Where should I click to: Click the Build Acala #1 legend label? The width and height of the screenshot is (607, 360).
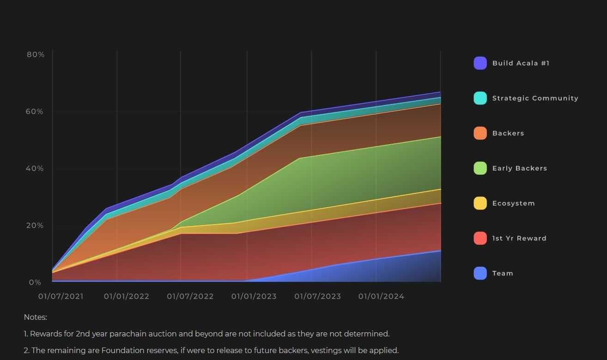[521, 63]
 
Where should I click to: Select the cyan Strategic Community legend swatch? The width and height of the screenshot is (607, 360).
[480, 98]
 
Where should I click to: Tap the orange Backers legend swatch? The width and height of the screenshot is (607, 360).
[480, 133]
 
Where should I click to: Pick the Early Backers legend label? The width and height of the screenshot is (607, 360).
[519, 168]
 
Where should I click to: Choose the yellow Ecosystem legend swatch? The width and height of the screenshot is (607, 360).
[480, 203]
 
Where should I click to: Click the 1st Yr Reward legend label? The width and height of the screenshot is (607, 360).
[519, 238]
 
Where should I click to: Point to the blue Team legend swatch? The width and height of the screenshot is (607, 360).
[480, 273]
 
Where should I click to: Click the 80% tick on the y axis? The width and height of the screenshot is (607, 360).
[36, 55]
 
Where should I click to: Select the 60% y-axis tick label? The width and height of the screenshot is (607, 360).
[36, 111]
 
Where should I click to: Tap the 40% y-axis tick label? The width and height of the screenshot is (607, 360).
[36, 168]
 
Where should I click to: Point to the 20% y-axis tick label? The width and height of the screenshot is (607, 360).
[36, 226]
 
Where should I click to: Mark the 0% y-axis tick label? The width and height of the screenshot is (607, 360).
[36, 282]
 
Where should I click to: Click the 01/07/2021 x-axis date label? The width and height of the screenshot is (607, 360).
[61, 296]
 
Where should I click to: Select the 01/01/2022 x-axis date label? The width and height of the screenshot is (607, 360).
[127, 296]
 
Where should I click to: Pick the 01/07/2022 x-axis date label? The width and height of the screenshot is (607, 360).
[190, 296]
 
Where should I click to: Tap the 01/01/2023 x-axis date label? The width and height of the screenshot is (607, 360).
[254, 296]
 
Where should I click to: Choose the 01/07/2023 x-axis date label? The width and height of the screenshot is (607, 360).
[317, 296]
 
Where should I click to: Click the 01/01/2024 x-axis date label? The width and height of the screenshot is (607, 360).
[381, 296]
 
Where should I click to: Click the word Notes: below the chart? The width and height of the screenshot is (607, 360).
[36, 317]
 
